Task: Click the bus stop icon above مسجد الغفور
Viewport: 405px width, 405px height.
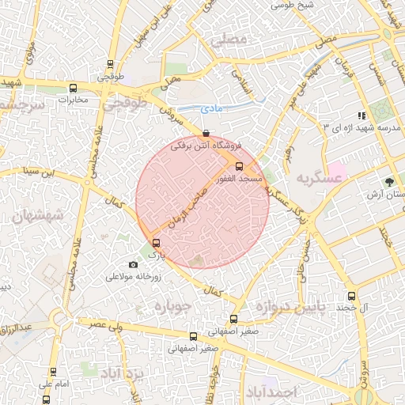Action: (x=239, y=165)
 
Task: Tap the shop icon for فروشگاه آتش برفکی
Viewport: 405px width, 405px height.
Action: (x=207, y=134)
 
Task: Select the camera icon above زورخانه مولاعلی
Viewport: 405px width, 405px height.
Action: (x=133, y=264)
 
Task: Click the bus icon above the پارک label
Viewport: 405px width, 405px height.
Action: (x=155, y=244)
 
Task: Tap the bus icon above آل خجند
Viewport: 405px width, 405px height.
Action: (x=352, y=296)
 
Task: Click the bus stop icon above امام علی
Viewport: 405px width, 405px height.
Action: (x=53, y=372)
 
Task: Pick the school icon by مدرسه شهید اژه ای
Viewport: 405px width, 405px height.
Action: (x=362, y=115)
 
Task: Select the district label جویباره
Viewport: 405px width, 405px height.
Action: (x=173, y=306)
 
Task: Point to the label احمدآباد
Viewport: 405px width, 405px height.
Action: (x=271, y=392)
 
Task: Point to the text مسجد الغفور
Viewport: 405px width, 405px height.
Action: (x=247, y=179)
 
